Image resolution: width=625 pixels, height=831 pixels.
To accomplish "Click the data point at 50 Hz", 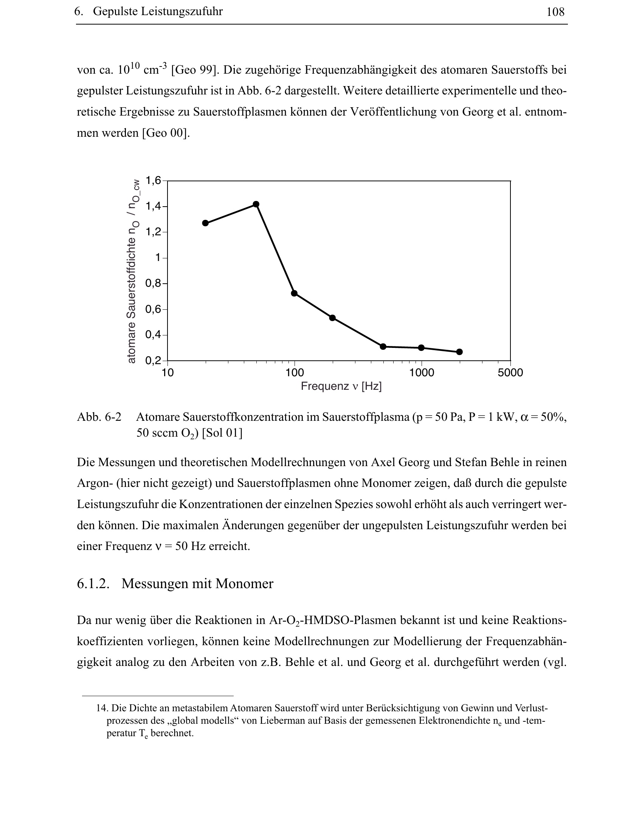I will [256, 204].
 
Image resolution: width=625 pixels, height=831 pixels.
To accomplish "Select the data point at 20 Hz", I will [205, 223].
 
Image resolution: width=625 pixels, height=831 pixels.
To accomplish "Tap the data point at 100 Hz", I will [294, 293].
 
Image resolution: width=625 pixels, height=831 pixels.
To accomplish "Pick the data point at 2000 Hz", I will [459, 352].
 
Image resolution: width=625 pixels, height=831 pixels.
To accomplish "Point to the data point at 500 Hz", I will [383, 346].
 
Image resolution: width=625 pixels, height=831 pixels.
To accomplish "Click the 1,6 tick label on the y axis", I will [153, 181].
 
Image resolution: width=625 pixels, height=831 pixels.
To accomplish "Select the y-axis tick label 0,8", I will [153, 283].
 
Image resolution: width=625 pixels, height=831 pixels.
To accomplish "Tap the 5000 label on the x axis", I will [510, 373].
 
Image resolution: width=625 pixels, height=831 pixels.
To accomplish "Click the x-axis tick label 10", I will [167, 373].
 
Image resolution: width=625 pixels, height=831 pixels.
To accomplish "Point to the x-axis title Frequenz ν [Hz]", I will [341, 386].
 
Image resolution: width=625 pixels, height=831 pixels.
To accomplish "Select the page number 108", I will [555, 12].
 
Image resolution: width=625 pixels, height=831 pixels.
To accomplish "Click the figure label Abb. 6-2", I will [99, 417].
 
